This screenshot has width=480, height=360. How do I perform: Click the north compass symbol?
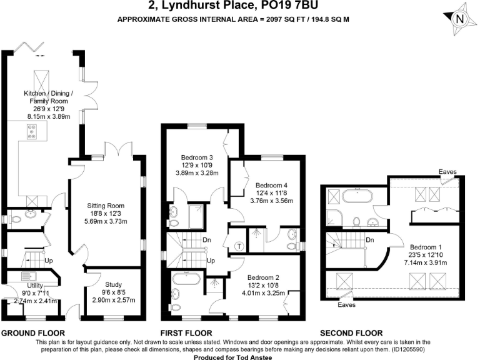(x=459, y=19)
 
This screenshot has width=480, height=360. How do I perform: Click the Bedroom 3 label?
(x=197, y=157)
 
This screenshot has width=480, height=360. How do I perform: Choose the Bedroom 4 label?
(x=272, y=185)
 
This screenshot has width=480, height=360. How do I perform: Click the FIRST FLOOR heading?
(x=186, y=333)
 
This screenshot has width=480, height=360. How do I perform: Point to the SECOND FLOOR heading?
(x=351, y=333)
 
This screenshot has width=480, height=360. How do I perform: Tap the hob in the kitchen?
(x=31, y=131)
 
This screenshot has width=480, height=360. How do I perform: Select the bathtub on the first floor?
(x=186, y=278)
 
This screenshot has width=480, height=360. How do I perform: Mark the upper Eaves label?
(x=447, y=172)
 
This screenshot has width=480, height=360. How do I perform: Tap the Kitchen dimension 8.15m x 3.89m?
(x=49, y=116)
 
